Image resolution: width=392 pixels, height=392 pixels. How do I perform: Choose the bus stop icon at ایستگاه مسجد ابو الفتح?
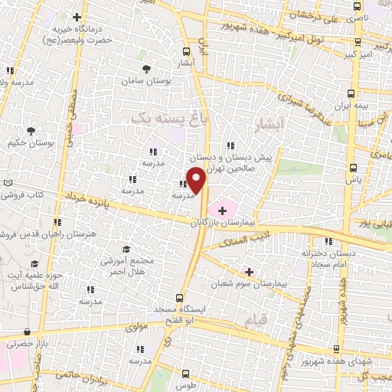[x=180, y=298]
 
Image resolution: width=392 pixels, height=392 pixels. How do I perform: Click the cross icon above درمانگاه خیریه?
[x=77, y=16]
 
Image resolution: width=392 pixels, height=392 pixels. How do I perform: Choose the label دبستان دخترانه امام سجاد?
[x=330, y=256]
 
